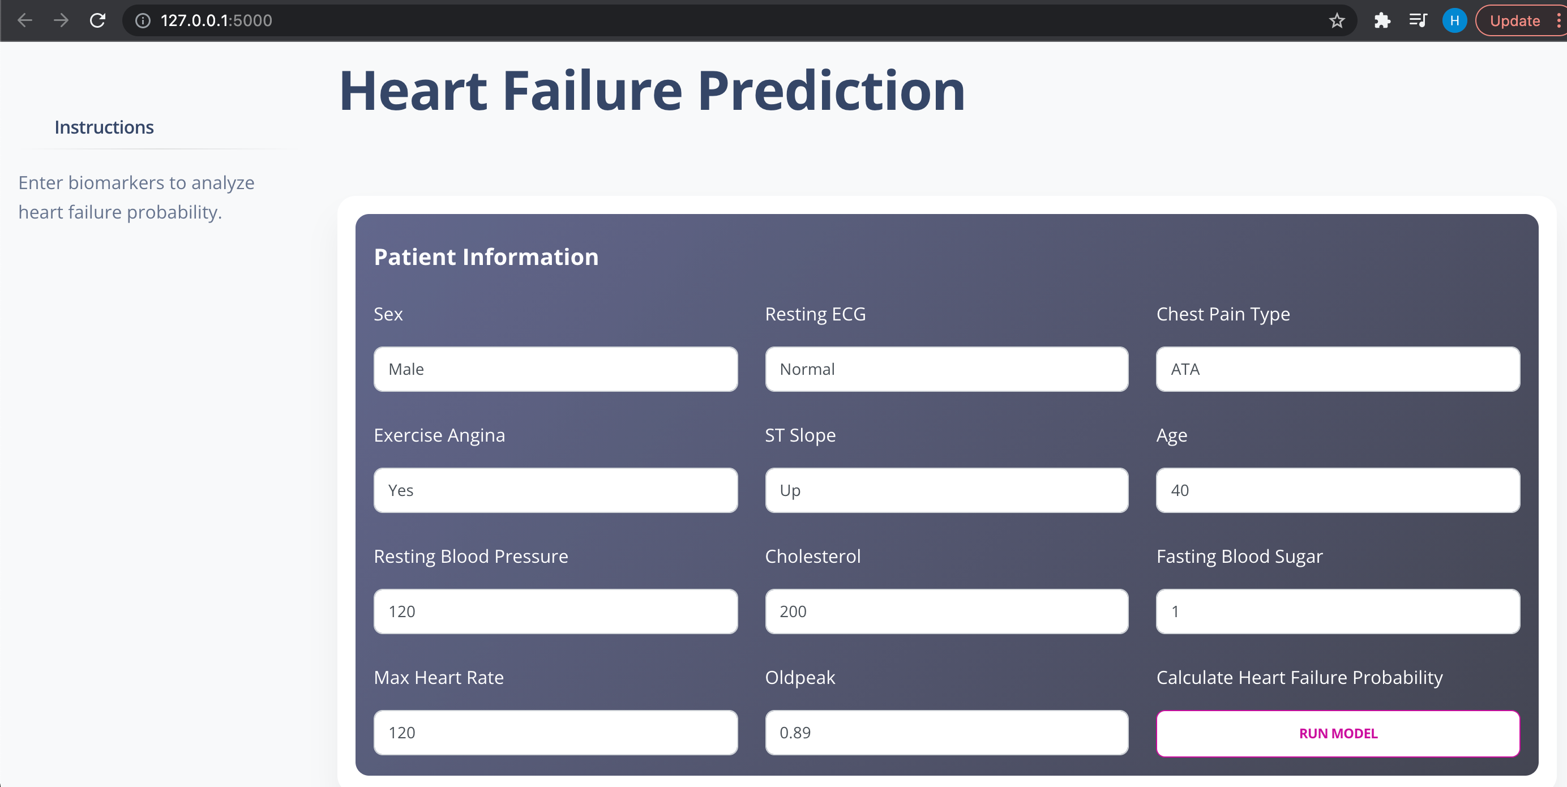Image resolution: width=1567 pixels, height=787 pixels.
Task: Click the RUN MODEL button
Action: pyautogui.click(x=1338, y=733)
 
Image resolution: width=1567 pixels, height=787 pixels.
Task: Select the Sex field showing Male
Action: pyautogui.click(x=555, y=369)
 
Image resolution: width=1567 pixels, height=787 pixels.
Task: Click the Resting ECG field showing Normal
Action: pyautogui.click(x=947, y=369)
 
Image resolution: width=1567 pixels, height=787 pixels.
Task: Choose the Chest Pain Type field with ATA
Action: pyautogui.click(x=1338, y=369)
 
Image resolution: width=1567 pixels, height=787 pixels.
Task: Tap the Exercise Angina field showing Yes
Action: pyautogui.click(x=555, y=490)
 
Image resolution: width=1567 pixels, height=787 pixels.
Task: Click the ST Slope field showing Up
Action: pyautogui.click(x=947, y=490)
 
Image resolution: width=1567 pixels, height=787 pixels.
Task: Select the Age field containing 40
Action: pyautogui.click(x=1338, y=490)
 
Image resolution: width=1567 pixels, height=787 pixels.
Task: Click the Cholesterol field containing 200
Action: pyautogui.click(x=947, y=611)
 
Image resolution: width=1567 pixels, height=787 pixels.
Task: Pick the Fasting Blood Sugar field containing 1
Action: pyautogui.click(x=1338, y=611)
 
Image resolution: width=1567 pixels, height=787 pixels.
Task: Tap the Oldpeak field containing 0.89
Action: pyautogui.click(x=947, y=732)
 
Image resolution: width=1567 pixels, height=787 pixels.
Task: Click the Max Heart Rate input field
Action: pyautogui.click(x=555, y=732)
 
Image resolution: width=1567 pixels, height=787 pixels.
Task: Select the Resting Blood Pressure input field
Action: pyautogui.click(x=555, y=611)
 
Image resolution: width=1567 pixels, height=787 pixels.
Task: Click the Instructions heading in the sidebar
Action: pyautogui.click(x=104, y=127)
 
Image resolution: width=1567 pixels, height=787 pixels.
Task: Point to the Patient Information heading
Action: pyautogui.click(x=486, y=256)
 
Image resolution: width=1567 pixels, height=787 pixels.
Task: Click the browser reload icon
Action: pyautogui.click(x=97, y=21)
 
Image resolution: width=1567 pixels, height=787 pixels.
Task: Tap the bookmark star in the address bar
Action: pyautogui.click(x=1337, y=21)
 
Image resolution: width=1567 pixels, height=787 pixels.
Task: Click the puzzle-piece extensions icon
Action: pyautogui.click(x=1382, y=21)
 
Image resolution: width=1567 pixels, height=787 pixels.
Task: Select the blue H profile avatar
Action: pyautogui.click(x=1454, y=21)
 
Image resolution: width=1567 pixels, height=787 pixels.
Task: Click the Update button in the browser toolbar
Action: pyautogui.click(x=1515, y=21)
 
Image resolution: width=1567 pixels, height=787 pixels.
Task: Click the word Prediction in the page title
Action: pyautogui.click(x=831, y=91)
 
